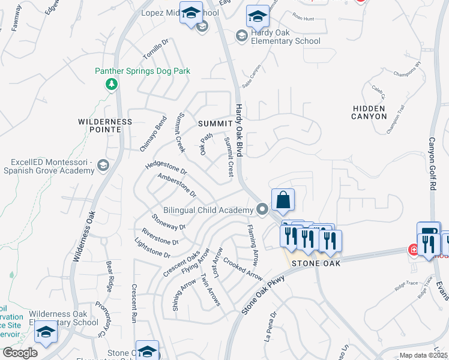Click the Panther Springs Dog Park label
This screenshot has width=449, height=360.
pyautogui.click(x=142, y=71)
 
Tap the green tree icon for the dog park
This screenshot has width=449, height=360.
pyautogui.click(x=110, y=84)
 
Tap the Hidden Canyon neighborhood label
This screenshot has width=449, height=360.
pyautogui.click(x=370, y=112)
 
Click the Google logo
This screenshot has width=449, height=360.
pyautogui.click(x=20, y=353)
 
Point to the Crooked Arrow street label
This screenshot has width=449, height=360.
pyautogui.click(x=243, y=269)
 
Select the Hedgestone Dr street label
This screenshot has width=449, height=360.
pyautogui.click(x=166, y=167)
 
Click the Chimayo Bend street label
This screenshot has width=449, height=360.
pyautogui.click(x=153, y=135)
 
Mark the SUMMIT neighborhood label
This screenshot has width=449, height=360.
pyautogui.click(x=214, y=124)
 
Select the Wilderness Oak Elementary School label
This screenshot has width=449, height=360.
pyautogui.click(x=64, y=318)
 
